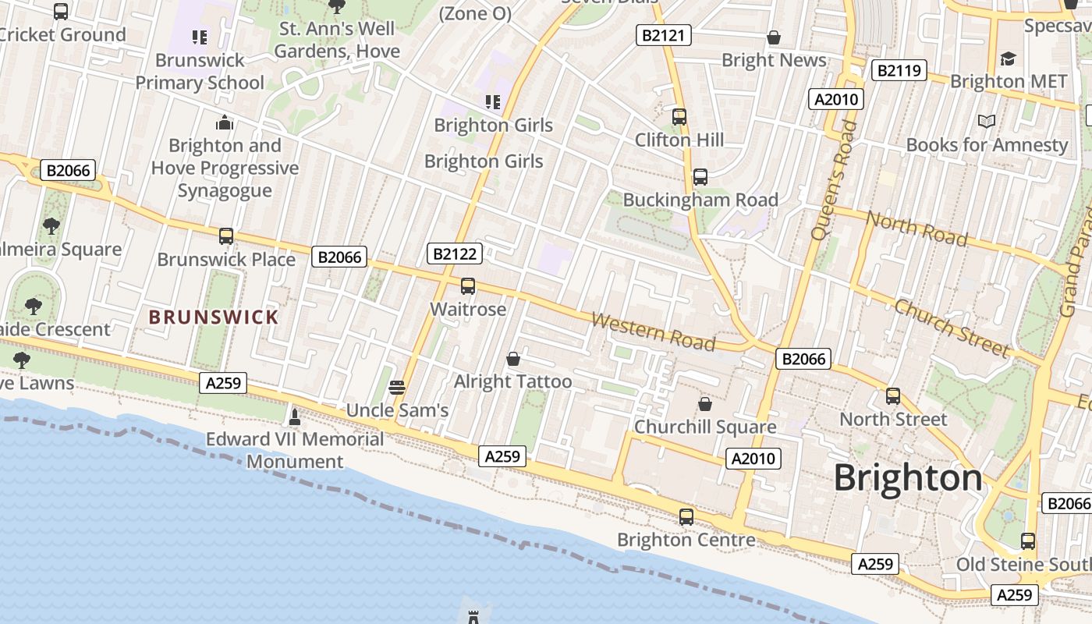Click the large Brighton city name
(908, 477)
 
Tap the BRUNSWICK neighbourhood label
(213, 317)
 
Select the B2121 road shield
(664, 34)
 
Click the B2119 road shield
(899, 70)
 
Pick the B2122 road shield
(455, 253)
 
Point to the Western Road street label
(654, 331)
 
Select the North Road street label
(916, 228)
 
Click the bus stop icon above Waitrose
(468, 286)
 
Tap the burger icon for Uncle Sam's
(397, 388)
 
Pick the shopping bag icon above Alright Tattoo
(513, 359)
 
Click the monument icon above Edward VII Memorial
(295, 417)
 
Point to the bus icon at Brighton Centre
(686, 516)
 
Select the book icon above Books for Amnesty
(987, 122)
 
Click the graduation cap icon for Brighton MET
(1009, 59)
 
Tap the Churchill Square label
(705, 427)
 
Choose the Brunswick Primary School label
(200, 71)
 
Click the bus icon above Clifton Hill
(679, 117)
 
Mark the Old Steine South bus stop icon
(1028, 541)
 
